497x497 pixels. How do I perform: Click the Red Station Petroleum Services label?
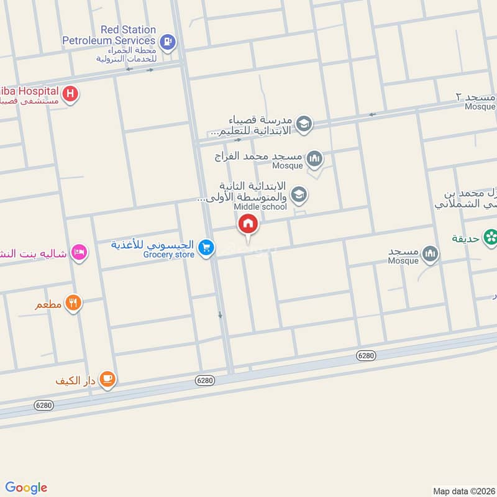point(109,35)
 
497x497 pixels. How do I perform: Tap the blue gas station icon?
point(167,42)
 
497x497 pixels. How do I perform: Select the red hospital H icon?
point(71,94)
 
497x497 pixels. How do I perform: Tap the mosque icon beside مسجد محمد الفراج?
point(314,159)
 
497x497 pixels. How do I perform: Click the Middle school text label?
point(260,207)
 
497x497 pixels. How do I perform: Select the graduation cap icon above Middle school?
point(299,195)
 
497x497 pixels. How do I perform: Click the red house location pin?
point(248,224)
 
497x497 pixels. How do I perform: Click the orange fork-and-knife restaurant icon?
point(73,303)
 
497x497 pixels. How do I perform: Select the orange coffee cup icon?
point(107,378)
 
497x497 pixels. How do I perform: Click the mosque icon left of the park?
point(430,253)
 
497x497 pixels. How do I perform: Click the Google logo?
point(26,488)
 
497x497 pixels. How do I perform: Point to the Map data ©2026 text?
point(462,491)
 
